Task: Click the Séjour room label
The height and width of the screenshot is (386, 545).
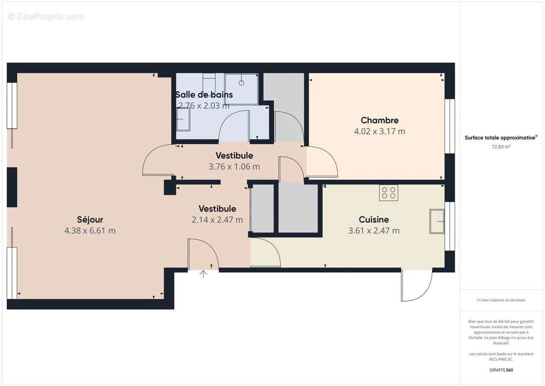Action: [90, 220]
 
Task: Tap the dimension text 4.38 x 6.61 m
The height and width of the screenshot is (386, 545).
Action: [90, 231]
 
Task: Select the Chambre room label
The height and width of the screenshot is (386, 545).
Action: [380, 121]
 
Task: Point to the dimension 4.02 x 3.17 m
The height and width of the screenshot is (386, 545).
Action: [380, 131]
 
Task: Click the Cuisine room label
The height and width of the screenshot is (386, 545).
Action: [373, 220]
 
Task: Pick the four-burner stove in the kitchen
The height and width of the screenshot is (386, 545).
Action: [389, 193]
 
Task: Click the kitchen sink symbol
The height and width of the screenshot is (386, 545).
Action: [437, 221]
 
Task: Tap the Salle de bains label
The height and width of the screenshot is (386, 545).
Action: [204, 95]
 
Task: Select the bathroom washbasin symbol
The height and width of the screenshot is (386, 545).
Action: [183, 119]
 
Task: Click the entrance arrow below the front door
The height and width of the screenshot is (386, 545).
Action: [203, 274]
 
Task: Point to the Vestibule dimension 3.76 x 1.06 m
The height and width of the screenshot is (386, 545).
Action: [234, 166]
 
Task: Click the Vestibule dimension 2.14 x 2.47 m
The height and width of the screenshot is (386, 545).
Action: [217, 220]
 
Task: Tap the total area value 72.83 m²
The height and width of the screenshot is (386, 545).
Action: [501, 147]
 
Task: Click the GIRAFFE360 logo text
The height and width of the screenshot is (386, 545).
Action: [501, 370]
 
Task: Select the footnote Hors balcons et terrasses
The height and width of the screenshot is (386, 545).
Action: [501, 300]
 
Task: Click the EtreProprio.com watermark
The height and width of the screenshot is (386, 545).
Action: [46, 17]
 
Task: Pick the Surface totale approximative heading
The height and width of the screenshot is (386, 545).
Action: [501, 138]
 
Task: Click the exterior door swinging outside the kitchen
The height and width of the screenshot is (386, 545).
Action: [416, 286]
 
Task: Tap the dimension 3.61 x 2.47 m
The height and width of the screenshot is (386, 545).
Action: [373, 231]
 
